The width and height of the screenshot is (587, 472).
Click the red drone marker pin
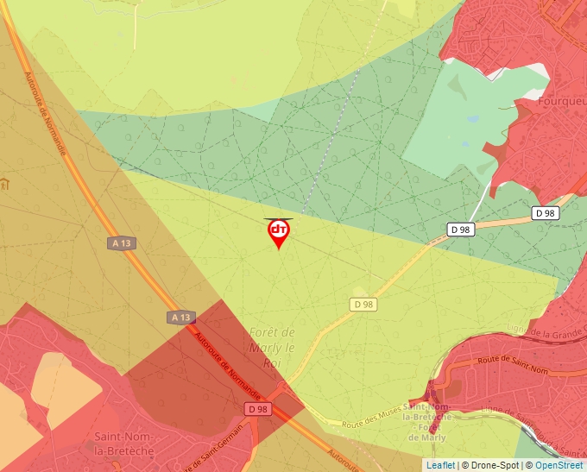tap(278, 232)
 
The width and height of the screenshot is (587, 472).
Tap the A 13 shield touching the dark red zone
tap(181, 318)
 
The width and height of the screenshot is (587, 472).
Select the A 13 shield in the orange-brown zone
tap(121, 243)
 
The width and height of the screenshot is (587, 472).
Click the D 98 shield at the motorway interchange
tap(256, 408)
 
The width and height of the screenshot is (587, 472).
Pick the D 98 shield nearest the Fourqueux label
tap(545, 213)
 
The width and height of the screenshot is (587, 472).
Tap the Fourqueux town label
tap(562, 100)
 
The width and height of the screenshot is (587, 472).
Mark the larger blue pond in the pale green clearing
tap(472, 119)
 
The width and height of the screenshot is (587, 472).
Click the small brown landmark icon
tap(4, 184)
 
